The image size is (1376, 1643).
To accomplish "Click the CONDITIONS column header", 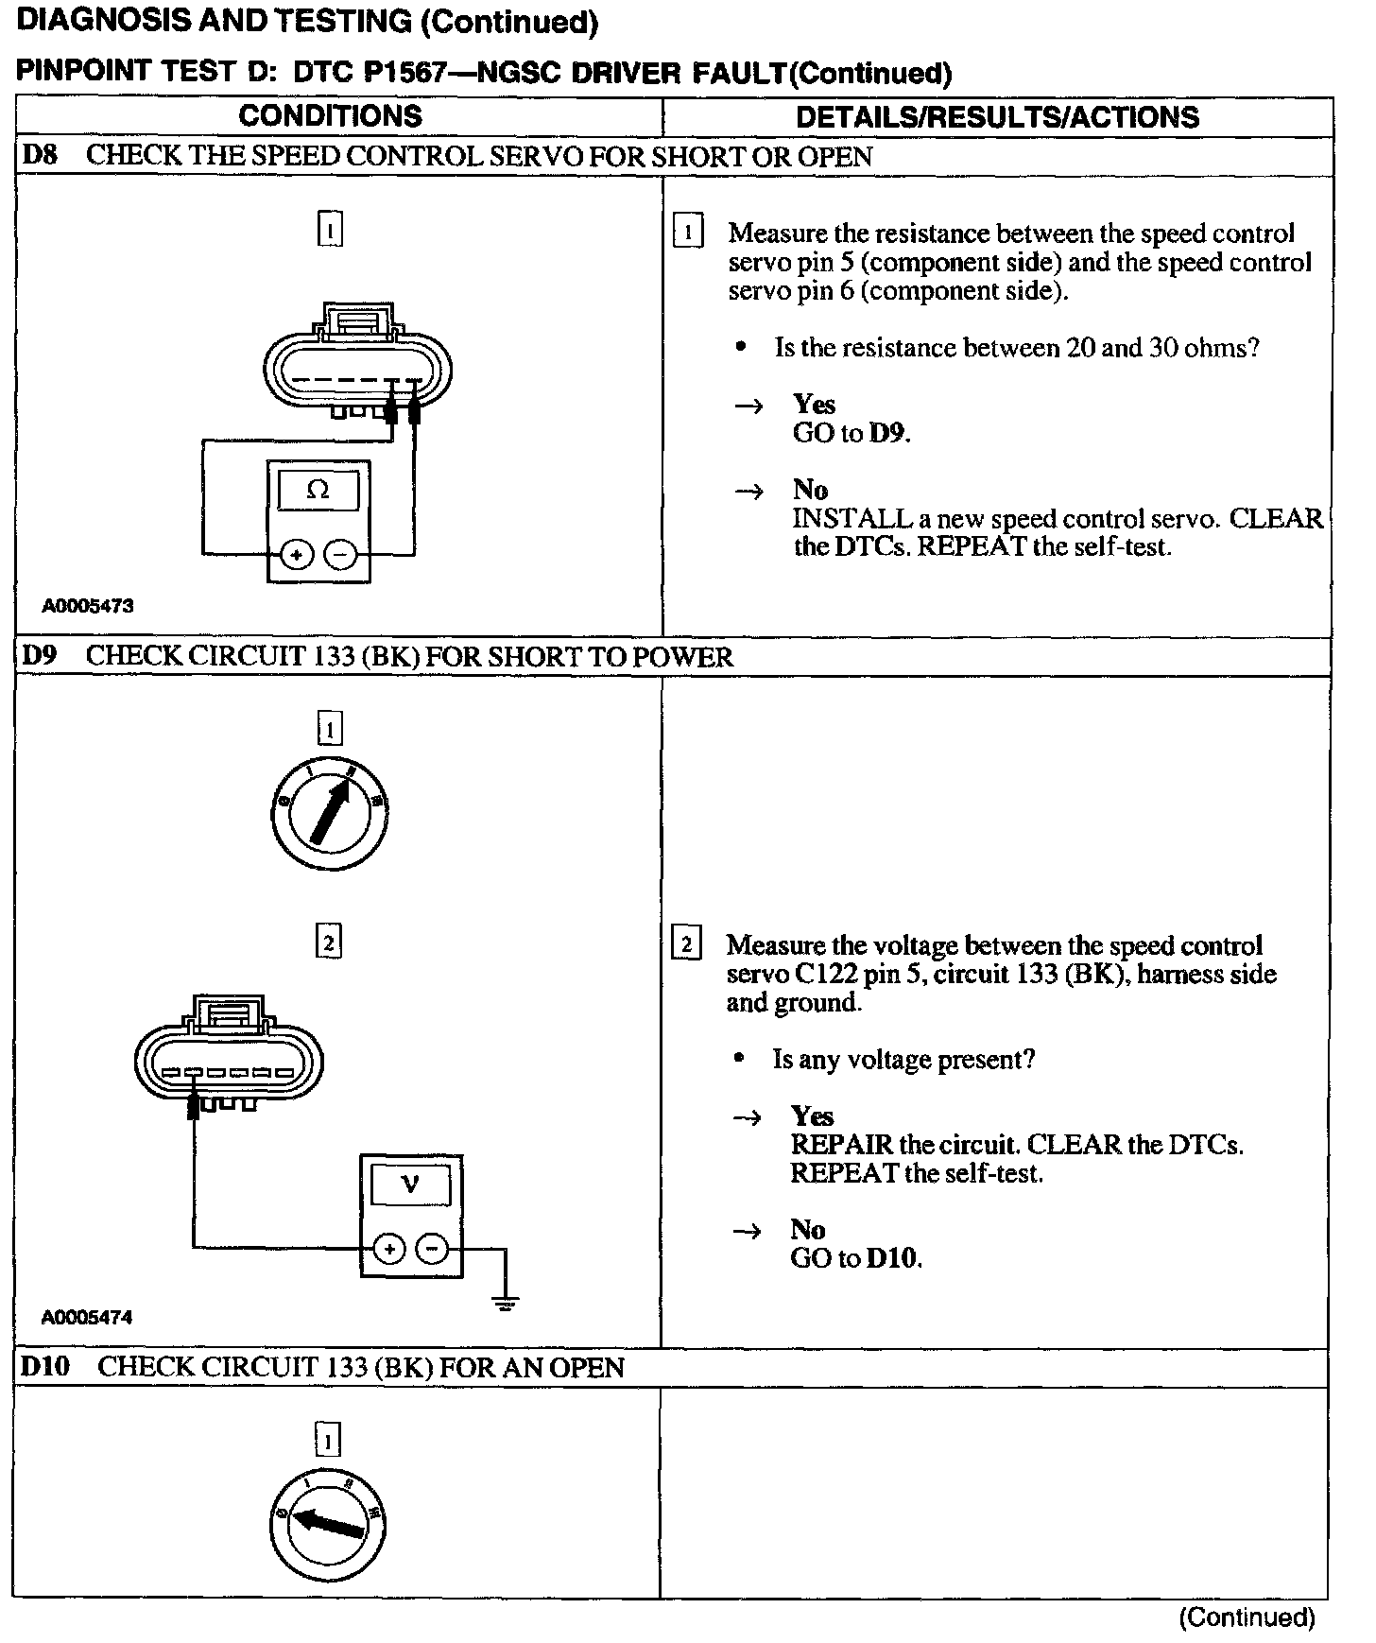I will tap(330, 116).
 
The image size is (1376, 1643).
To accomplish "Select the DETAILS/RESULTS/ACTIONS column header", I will tap(997, 117).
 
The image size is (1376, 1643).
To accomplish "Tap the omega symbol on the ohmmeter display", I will tap(318, 491).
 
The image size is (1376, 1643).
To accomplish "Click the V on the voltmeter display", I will tap(410, 1183).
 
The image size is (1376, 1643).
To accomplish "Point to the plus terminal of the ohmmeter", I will tap(297, 555).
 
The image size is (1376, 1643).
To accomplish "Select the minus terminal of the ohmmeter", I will tap(341, 555).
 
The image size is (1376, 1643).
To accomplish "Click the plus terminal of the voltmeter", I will tap(388, 1249).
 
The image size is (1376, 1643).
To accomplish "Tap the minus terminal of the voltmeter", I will tap(433, 1249).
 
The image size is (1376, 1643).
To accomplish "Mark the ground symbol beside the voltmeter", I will tap(506, 1305).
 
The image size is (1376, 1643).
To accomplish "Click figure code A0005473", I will tap(87, 606).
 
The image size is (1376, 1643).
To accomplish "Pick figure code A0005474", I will tap(87, 1317).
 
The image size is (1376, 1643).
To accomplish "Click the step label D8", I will tap(39, 156).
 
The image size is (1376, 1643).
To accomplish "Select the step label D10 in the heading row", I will tap(45, 1367).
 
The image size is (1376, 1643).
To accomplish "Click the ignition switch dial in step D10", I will tap(327, 1524).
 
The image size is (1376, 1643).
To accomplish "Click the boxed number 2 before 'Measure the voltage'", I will tap(686, 944).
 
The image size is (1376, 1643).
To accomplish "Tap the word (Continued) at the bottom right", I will tap(1247, 1617).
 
